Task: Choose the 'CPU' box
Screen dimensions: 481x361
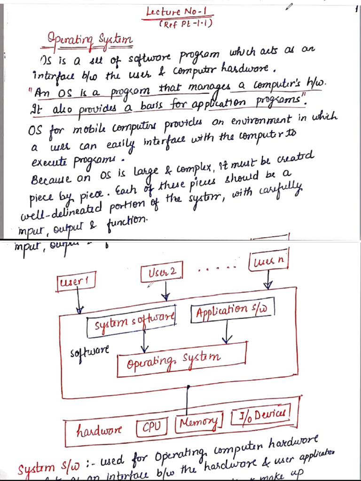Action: click(x=151, y=427)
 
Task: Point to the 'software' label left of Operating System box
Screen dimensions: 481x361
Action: click(x=89, y=352)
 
